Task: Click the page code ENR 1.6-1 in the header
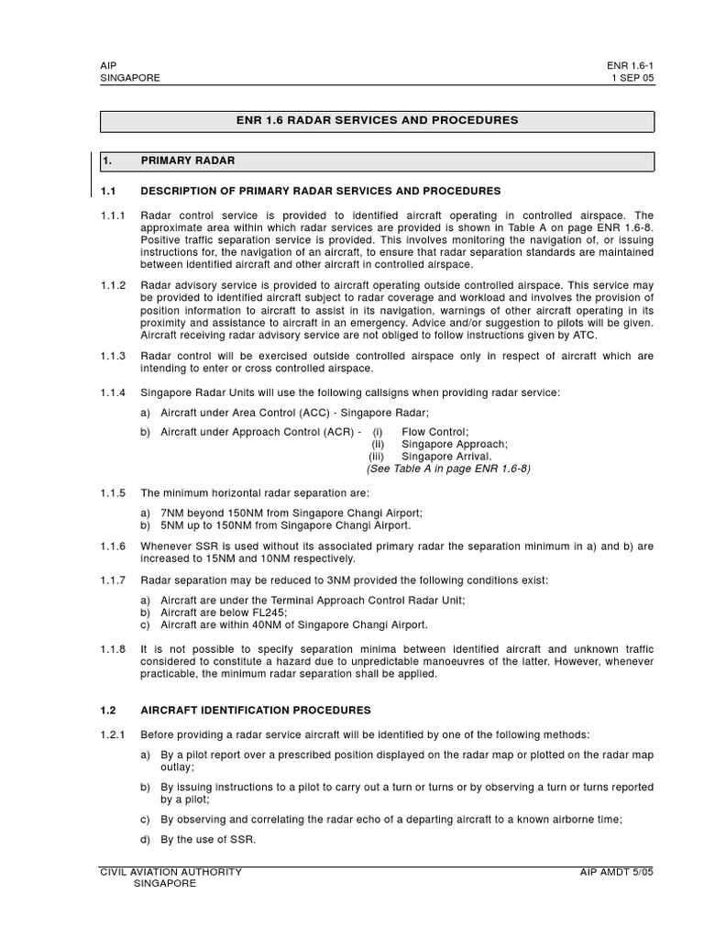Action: coord(630,66)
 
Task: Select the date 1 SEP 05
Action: coord(633,79)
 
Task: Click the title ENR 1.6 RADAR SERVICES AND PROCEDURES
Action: coord(377,120)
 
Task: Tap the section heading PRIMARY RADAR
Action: coord(188,160)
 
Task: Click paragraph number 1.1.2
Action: coord(115,285)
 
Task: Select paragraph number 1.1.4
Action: coord(115,392)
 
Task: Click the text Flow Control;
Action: coord(434,432)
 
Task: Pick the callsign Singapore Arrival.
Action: coord(446,456)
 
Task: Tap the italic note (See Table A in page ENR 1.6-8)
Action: coord(448,468)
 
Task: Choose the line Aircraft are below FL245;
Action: coord(223,613)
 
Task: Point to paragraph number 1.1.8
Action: coord(115,648)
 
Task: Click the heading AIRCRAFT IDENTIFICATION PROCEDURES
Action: coord(256,710)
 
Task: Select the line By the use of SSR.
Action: coord(208,840)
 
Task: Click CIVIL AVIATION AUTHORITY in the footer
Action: coord(170,872)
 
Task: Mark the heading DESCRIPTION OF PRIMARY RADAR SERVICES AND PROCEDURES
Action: coord(321,191)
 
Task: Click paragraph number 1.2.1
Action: coord(115,735)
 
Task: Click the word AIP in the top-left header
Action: coord(108,66)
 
